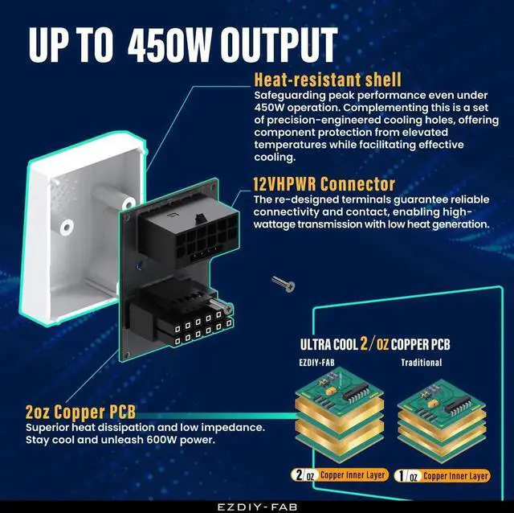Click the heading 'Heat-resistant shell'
point(327,80)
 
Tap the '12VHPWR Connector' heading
point(324,185)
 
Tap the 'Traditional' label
point(422,362)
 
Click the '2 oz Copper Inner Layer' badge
point(341,475)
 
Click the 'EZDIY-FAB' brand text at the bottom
point(256,505)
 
